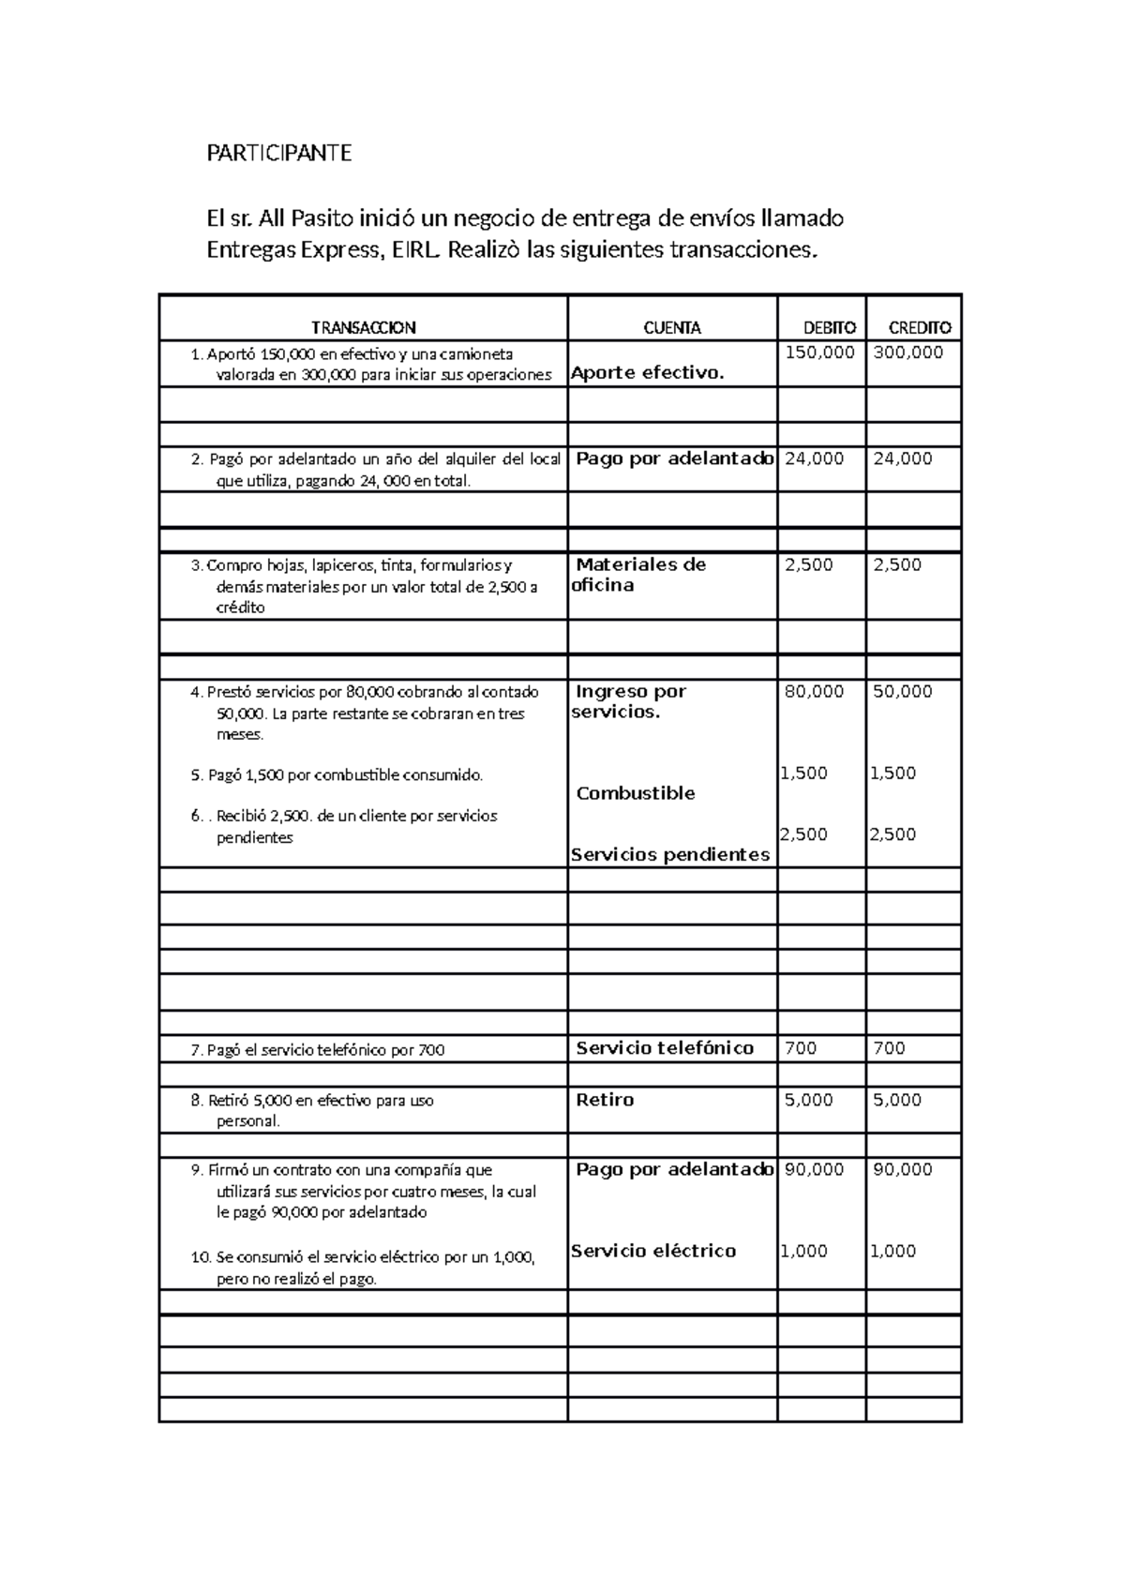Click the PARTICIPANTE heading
click(x=278, y=154)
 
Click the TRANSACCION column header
click(x=363, y=328)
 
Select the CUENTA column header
click(x=671, y=328)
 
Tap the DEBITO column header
click(x=829, y=328)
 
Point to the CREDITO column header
click(x=919, y=328)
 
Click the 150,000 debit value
click(x=819, y=353)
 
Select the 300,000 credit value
click(x=907, y=353)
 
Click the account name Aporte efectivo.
click(x=648, y=373)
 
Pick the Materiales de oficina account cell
click(x=639, y=575)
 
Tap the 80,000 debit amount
click(x=814, y=692)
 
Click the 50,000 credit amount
click(x=902, y=692)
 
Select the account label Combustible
click(x=635, y=794)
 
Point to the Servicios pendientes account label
click(x=669, y=855)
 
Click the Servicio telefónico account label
click(x=664, y=1048)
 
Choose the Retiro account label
click(x=605, y=1100)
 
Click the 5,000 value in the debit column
click(x=808, y=1100)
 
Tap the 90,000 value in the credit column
click(x=902, y=1169)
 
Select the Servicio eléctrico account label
click(x=652, y=1251)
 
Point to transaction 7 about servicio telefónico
click(x=318, y=1050)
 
